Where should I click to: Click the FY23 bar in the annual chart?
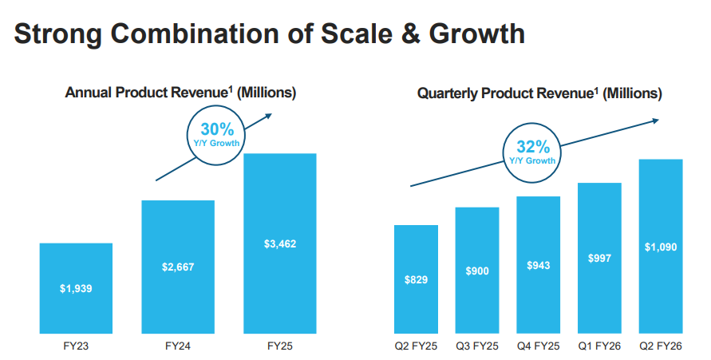pos(76,288)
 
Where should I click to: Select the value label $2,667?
pos(178,267)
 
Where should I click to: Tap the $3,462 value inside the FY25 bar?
pos(280,244)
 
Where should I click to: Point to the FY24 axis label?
pos(178,346)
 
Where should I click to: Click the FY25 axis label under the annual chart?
pos(280,346)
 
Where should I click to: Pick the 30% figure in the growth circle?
pos(217,129)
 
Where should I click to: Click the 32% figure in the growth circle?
pos(533,147)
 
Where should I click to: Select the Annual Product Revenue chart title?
pos(180,93)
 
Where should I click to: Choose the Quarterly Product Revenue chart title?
pos(539,93)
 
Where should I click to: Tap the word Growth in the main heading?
pos(477,34)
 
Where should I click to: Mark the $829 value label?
pos(416,279)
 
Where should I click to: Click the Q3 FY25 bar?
pos(477,271)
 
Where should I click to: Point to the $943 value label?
pos(539,265)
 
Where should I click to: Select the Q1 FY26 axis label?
pos(599,346)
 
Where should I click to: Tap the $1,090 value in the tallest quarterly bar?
pos(661,247)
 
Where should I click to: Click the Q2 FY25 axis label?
pos(416,346)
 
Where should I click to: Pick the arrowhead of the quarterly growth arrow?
pos(656,121)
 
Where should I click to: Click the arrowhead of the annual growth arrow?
pos(269,116)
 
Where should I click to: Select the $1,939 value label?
pos(76,288)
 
